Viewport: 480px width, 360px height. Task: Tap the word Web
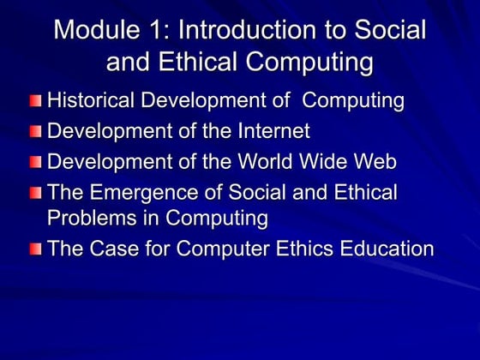[375, 162]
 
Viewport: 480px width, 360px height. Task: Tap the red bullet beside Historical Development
[34, 102]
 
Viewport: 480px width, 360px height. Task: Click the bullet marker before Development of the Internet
[34, 133]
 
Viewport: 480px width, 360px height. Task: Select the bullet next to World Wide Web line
[34, 163]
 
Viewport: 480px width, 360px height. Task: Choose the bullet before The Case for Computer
[34, 250]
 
